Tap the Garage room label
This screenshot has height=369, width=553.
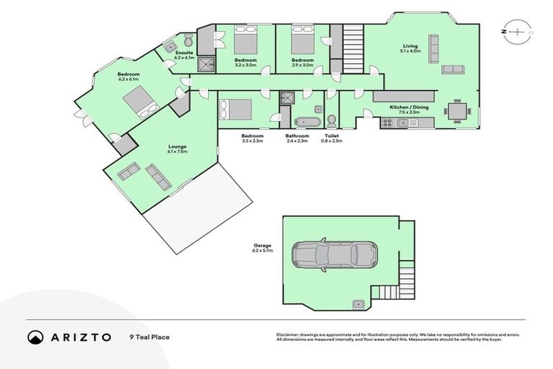264,249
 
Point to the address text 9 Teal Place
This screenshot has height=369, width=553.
150,337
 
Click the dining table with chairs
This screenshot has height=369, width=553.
458,111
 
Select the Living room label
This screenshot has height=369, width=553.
410,47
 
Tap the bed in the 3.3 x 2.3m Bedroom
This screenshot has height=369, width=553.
235,110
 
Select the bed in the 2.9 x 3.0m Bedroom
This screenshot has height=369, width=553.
301,41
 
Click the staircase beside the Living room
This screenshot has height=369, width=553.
353,47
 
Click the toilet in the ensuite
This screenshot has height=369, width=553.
187,40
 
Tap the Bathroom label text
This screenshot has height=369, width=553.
297,135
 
